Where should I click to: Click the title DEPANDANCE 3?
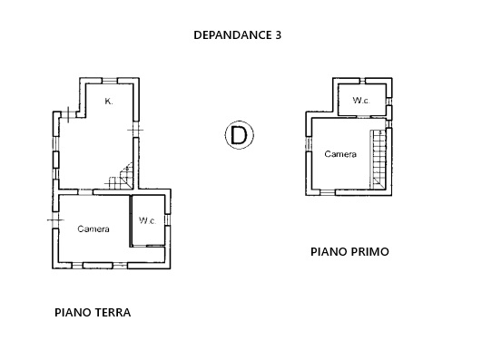point(237,35)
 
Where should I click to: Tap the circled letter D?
point(239,135)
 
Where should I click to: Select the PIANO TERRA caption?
point(93,313)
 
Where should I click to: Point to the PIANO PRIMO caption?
point(349,252)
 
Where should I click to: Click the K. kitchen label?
point(109,102)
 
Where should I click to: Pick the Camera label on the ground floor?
point(93,229)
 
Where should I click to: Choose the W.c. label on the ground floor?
point(148,220)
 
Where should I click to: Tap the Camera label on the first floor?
point(340,154)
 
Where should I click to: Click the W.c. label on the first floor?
point(361,100)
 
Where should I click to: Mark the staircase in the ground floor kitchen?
point(121,177)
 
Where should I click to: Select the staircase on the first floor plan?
point(378,159)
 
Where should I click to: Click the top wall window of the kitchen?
point(110,81)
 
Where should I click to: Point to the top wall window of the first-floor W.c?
point(362,81)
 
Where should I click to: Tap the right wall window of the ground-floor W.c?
point(168,220)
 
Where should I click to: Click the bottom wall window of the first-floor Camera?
point(328,192)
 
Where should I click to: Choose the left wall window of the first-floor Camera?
point(309,144)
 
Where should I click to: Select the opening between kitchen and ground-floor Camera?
point(85,192)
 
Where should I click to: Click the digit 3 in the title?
point(278,35)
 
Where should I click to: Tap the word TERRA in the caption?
point(113,313)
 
